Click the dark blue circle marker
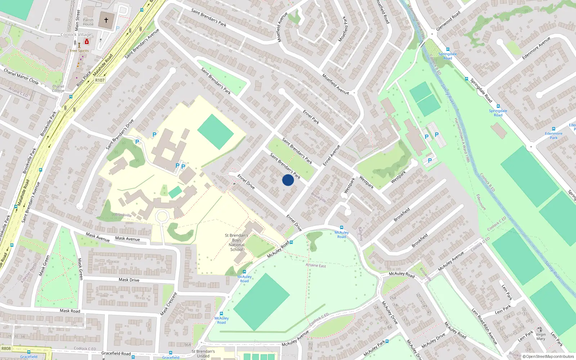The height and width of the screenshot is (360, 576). pos(288,180)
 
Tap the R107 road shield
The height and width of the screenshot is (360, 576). pos(100,80)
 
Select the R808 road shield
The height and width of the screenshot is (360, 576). pos(6,348)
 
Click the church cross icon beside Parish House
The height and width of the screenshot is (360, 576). pos(106,20)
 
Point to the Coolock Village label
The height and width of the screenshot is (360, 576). pos(76,35)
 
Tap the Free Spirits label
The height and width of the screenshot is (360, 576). pos(79,51)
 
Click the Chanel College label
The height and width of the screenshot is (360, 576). pos(58,89)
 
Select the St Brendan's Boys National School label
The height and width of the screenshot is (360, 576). pos(237,242)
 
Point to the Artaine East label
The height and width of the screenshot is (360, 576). pos(316,266)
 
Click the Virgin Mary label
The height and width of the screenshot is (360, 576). pos(541,337)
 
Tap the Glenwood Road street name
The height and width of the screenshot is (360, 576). pos(448,21)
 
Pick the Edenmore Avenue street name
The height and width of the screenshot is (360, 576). pos(536,48)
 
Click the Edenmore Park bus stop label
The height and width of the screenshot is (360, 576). pos(553,135)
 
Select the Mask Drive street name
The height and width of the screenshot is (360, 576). pos(129,280)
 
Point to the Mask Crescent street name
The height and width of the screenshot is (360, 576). pos(168,304)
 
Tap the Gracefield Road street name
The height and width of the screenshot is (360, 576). pos(116,354)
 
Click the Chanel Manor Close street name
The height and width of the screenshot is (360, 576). pos(21,76)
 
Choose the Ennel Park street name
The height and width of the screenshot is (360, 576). pos(311,117)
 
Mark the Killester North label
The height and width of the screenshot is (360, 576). pos(29,273)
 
